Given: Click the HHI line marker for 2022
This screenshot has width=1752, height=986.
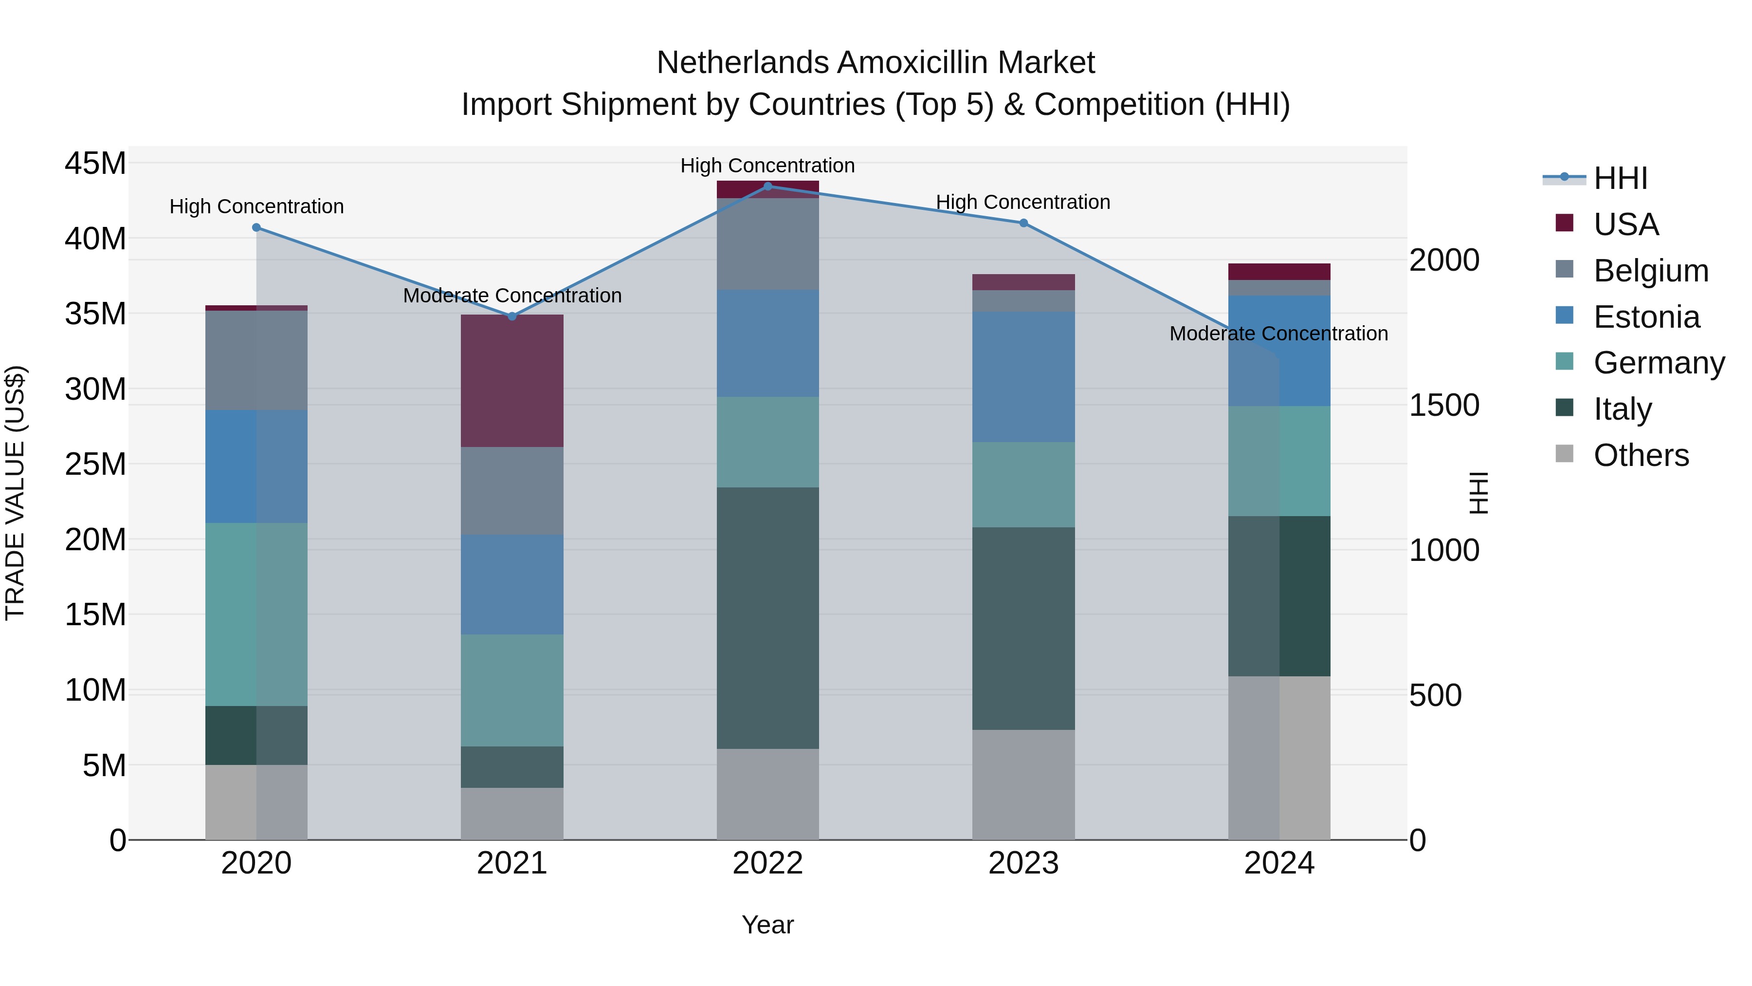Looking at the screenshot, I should [768, 186].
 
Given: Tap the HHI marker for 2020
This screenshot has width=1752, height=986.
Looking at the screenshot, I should [256, 227].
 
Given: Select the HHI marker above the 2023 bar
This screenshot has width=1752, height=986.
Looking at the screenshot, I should [1023, 223].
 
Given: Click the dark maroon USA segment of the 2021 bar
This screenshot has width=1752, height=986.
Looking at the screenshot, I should [512, 381].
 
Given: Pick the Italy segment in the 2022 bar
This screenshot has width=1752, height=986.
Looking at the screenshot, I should [768, 618].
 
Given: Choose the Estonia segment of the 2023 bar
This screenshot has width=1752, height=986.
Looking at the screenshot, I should [1023, 377].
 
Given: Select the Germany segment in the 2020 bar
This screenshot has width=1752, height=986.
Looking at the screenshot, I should [256, 614].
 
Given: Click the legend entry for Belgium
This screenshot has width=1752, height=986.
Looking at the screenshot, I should [1651, 271].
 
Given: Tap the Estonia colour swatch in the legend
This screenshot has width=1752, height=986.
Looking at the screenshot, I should [1564, 316].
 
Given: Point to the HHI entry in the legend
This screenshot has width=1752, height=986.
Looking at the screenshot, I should [1620, 178].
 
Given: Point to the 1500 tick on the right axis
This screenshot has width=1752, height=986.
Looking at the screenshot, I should [1444, 406].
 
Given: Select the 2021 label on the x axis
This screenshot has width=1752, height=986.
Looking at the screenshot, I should [512, 863].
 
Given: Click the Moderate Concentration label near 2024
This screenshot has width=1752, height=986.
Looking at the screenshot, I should [1278, 334].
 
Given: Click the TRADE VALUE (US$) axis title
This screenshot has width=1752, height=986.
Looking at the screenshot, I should [15, 493].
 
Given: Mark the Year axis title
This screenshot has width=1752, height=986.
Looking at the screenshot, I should [768, 925].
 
